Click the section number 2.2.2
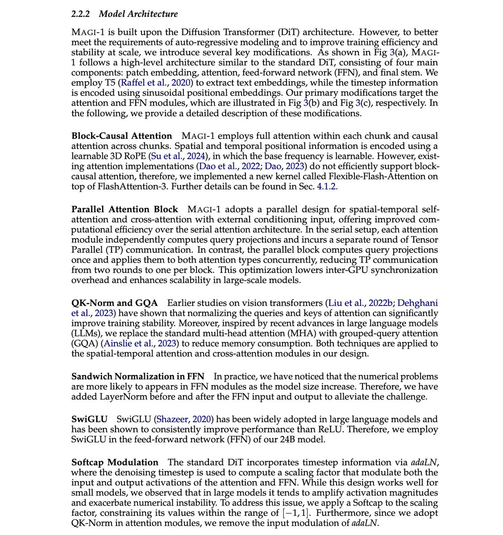click(81, 14)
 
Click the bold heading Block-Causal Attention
click(121, 136)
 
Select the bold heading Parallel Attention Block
click(125, 210)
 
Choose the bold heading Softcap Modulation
click(115, 462)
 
